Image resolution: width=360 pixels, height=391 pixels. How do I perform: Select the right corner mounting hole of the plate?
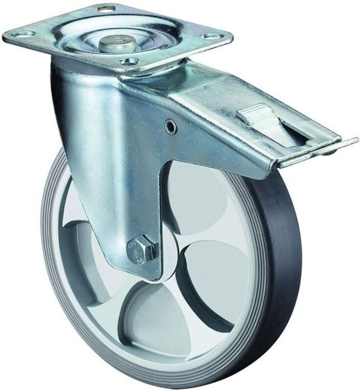pyautogui.click(x=210, y=35)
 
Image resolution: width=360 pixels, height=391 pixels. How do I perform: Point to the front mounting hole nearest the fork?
pyautogui.click(x=129, y=61)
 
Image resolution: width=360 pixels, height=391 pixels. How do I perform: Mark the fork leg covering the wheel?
pyautogui.click(x=123, y=196)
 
